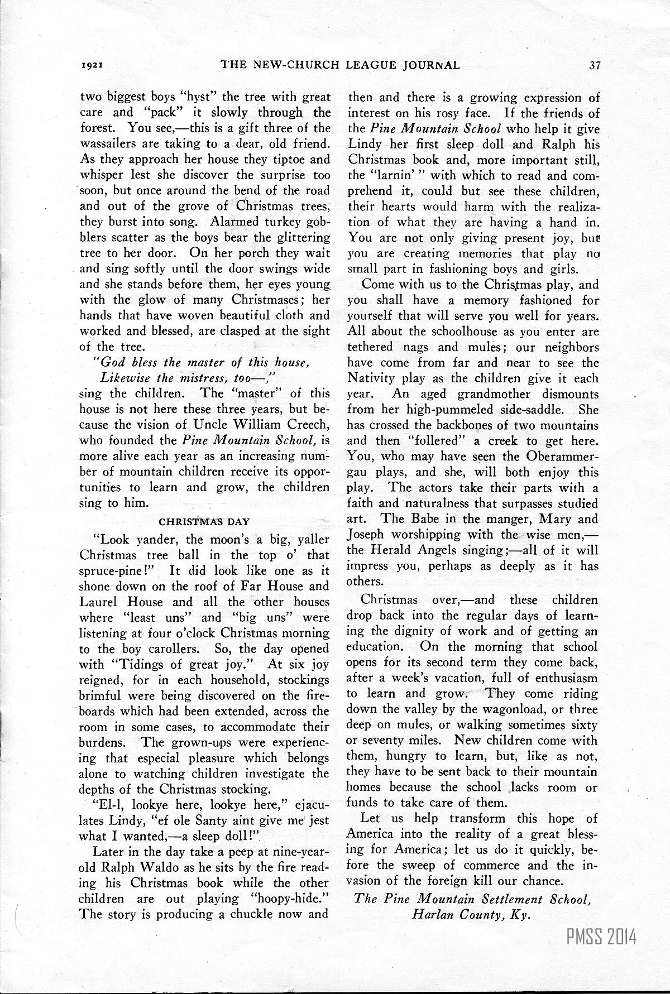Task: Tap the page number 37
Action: (x=594, y=65)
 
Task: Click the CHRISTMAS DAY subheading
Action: (x=204, y=522)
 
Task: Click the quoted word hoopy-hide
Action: (x=293, y=899)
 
